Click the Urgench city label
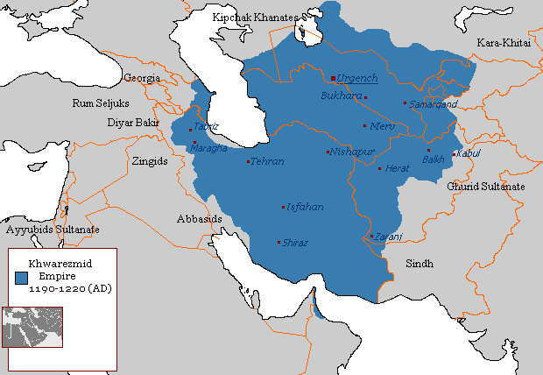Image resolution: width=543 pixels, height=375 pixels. [357, 78]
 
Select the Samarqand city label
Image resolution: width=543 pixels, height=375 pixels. [434, 104]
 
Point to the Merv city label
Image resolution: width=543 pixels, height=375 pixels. [384, 126]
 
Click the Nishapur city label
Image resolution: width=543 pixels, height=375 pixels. [351, 152]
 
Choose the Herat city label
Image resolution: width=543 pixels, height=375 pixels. [398, 167]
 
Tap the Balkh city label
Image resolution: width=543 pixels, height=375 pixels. [434, 159]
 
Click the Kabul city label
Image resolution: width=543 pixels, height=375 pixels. [469, 154]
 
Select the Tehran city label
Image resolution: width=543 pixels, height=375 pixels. [267, 162]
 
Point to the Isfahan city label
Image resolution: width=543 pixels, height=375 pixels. [305, 208]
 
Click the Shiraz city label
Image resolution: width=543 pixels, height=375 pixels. [295, 243]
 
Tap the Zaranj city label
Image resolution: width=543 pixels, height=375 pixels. [389, 237]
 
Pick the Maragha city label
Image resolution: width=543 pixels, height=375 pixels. [208, 148]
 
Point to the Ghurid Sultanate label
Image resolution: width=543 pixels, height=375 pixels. [486, 187]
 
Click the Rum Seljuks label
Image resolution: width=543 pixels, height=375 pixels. [101, 103]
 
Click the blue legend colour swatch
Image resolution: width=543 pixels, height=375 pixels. [22, 276]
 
